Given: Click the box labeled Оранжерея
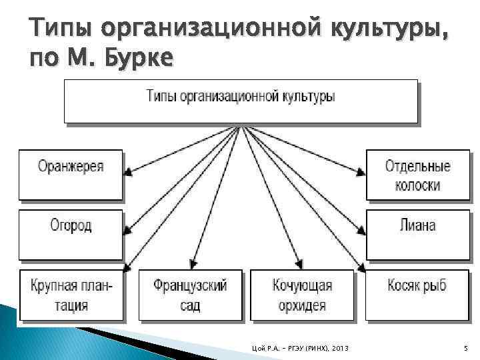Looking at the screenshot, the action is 71,175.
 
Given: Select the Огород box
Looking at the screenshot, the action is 71,235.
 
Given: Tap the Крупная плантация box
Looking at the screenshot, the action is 71,296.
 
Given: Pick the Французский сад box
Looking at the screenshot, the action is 190,296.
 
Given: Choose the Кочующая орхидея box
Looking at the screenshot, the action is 303,296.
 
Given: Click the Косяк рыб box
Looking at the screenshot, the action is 417,296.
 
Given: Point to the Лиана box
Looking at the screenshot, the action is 417,235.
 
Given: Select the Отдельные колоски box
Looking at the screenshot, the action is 417,175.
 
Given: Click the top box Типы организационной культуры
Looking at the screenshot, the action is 241,101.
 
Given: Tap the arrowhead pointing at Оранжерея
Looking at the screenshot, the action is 129,172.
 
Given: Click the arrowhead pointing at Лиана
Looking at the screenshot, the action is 361,231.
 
